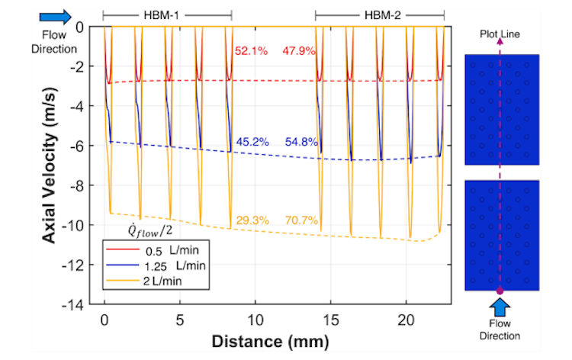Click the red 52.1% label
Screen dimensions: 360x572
click(x=249, y=51)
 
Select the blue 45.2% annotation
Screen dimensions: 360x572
click(x=251, y=142)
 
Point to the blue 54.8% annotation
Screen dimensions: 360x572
click(x=300, y=142)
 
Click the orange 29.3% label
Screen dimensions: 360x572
click(x=251, y=220)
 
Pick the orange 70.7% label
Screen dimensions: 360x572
click(x=300, y=220)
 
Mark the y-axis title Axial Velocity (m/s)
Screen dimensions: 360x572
click(x=50, y=164)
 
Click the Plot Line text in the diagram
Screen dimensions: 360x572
click(x=500, y=34)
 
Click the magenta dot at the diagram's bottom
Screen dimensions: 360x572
click(x=500, y=291)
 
